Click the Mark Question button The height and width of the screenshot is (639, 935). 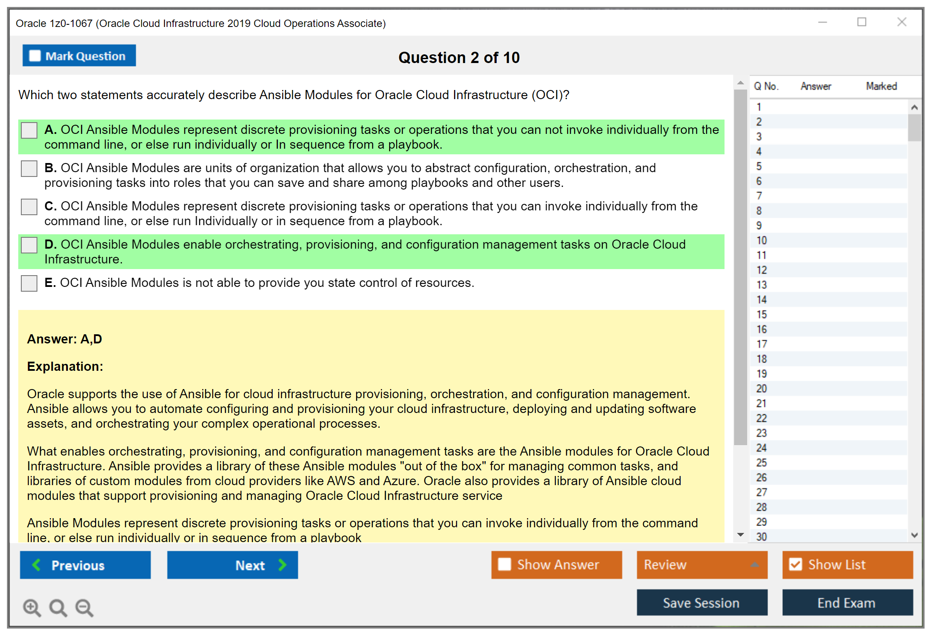79,56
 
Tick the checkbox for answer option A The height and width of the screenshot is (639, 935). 29,130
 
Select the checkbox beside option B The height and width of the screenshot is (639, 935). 29,168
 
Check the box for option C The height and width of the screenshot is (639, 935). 29,206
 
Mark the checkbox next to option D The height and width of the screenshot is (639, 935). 29,245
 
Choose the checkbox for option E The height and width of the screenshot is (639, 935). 29,283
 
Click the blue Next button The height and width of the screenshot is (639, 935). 232,565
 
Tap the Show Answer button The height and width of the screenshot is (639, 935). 556,565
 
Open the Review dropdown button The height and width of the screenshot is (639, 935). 701,565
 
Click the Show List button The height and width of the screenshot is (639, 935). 847,565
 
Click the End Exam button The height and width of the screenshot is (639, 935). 847,602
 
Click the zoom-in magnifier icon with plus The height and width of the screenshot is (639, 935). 32,607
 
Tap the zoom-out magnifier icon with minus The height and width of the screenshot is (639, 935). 84,607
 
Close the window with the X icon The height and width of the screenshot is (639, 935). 902,22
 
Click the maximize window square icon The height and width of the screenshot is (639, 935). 862,22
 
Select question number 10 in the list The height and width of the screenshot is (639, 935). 762,240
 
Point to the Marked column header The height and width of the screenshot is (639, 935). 881,86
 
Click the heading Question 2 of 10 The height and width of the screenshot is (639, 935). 459,57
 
